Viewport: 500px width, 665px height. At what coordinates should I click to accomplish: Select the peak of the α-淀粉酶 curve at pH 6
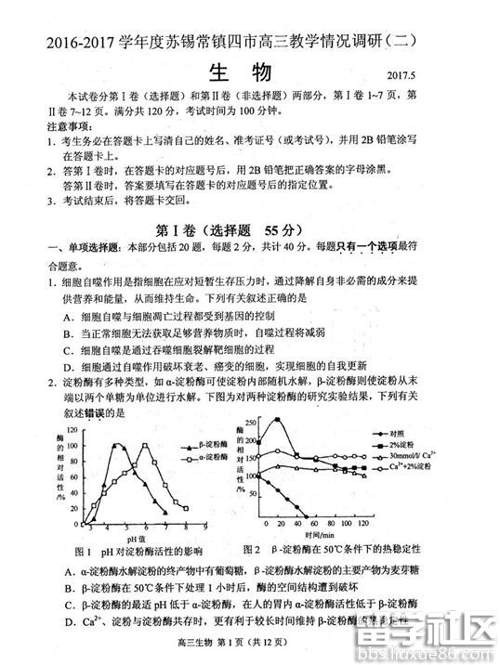coord(145,446)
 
